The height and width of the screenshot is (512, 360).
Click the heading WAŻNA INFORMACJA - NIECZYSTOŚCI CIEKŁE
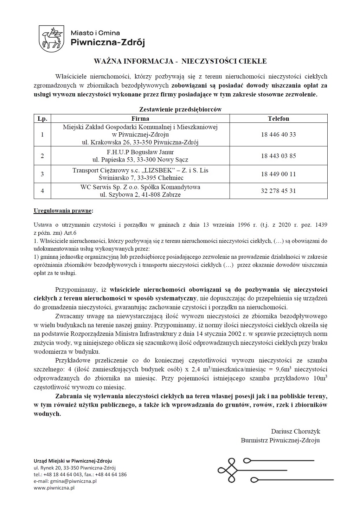(180, 61)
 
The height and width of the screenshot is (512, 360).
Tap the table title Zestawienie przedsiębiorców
(180, 109)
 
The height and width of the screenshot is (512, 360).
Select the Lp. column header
(43, 119)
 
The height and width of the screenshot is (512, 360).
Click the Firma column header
(140, 119)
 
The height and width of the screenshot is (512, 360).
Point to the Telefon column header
(278, 119)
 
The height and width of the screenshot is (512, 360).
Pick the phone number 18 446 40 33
(278, 134)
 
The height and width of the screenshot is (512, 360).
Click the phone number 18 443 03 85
(278, 156)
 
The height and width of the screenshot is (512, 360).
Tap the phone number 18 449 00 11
(278, 174)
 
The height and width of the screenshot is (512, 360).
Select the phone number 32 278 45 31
(278, 191)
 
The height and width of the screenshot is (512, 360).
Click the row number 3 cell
(43, 174)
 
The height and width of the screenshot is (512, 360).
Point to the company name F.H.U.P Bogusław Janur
(140, 152)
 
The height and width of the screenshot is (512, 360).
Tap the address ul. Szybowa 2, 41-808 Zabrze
(140, 195)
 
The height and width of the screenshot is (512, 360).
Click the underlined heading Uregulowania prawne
(63, 211)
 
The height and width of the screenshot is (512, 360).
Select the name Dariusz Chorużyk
(295, 431)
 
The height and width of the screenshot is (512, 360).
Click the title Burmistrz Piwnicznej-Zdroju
(280, 440)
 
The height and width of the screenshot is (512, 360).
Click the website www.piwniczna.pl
(54, 488)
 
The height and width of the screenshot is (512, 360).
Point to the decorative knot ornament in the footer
(231, 470)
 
